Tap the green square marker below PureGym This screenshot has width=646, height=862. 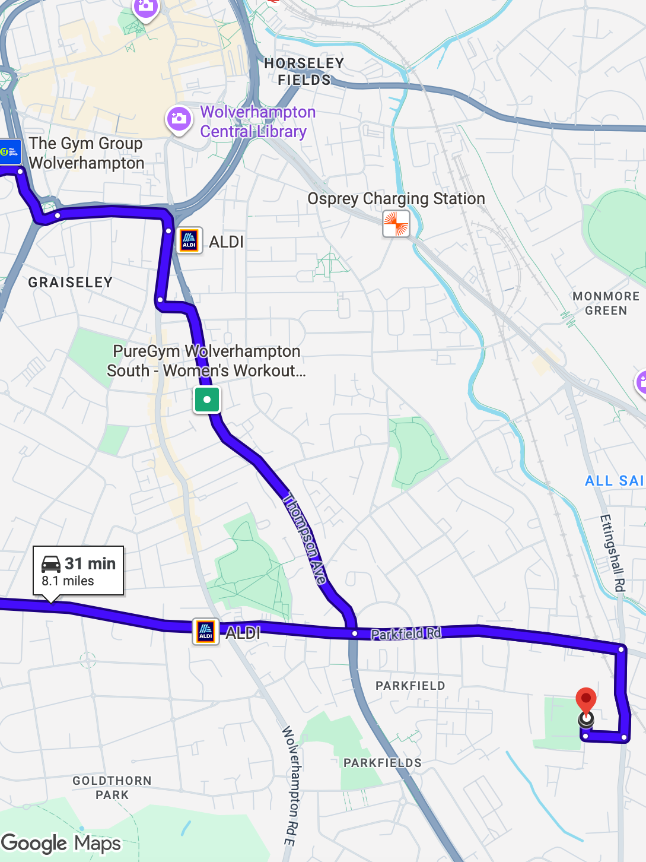click(207, 400)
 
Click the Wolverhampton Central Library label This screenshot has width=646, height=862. click(257, 122)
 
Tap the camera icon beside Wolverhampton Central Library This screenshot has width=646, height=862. click(179, 119)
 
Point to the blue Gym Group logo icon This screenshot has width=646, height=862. click(10, 152)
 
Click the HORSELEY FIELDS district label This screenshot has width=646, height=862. click(304, 72)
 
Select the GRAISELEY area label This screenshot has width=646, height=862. click(71, 283)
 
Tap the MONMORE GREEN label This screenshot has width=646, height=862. click(606, 303)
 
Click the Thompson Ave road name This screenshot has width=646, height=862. click(306, 538)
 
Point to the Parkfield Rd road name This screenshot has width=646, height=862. click(406, 633)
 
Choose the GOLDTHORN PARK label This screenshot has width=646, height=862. click(112, 788)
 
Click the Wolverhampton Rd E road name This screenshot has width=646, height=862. click(289, 785)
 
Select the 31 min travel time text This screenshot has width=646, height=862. click(90, 563)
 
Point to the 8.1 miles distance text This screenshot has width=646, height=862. click(68, 581)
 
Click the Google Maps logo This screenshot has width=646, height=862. click(61, 844)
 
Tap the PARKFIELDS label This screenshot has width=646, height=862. click(383, 763)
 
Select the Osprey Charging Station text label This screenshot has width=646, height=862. click(396, 198)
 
